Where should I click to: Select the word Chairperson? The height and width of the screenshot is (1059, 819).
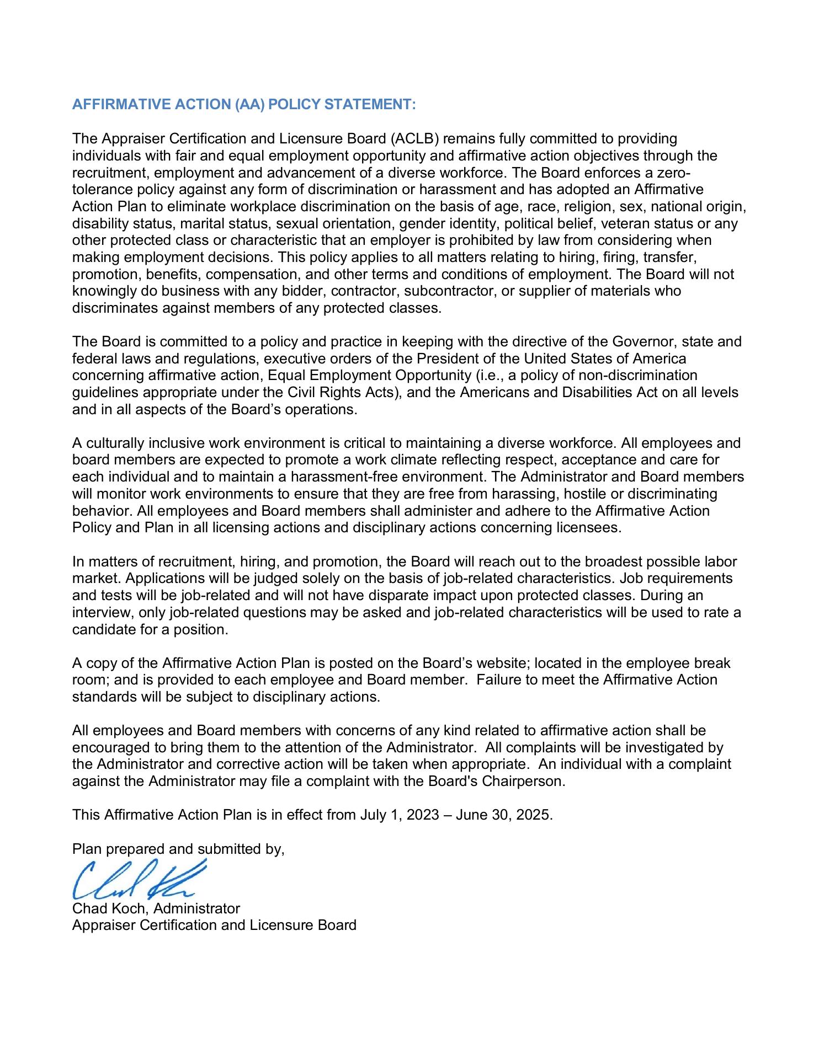(530, 782)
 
